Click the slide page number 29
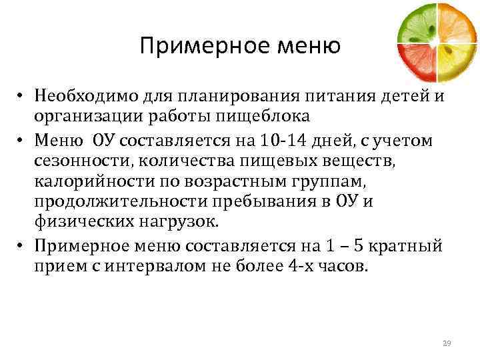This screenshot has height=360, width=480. [x=447, y=343]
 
